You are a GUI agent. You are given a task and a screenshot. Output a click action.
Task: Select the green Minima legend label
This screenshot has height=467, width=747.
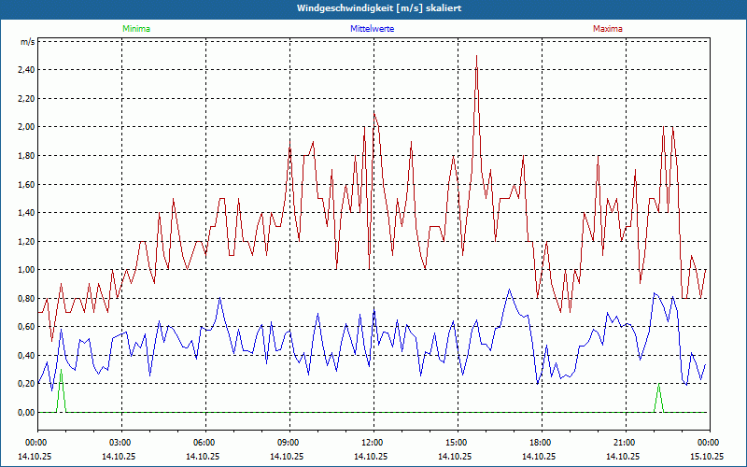[135, 29]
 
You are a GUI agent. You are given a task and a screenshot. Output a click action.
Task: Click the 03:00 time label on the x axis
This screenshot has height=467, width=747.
[120, 443]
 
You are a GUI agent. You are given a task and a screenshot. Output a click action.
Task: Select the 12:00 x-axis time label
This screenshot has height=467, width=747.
[372, 443]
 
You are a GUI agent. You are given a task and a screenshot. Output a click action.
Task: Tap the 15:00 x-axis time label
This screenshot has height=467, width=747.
[456, 443]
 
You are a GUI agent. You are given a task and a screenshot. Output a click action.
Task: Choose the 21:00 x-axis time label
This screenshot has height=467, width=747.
[624, 443]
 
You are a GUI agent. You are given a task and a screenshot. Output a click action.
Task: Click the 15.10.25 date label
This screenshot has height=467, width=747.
[707, 457]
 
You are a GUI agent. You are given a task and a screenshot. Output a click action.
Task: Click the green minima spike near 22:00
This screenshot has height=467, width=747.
[658, 396]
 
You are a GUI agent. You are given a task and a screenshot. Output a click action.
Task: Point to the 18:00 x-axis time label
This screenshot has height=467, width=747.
[540, 443]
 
